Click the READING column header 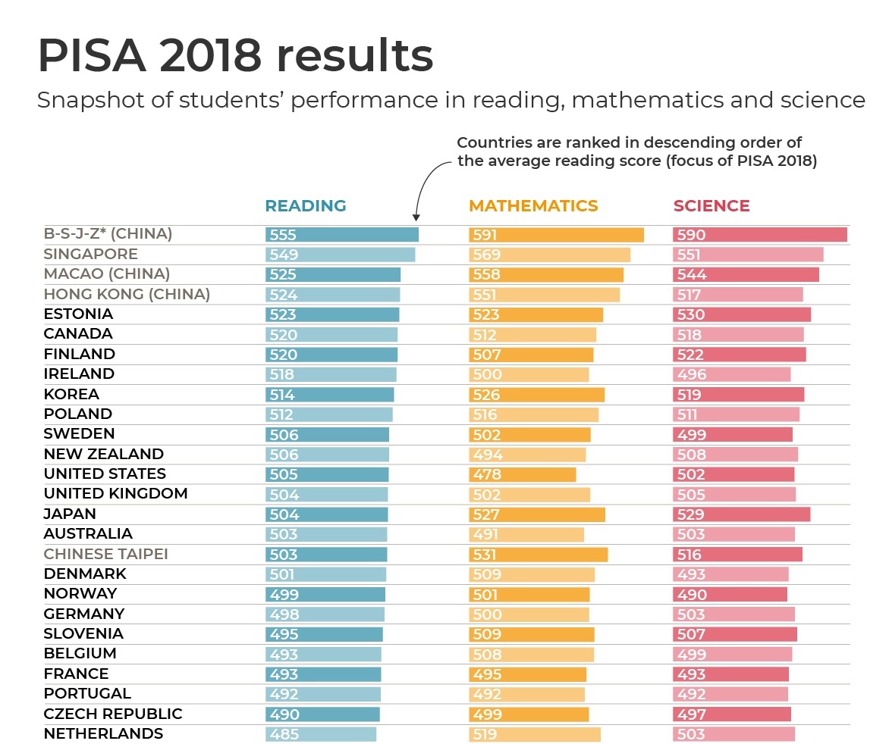[305, 206]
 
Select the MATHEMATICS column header [533, 206]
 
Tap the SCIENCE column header [711, 206]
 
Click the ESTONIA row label [78, 314]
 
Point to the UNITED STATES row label [105, 474]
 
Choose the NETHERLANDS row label [103, 733]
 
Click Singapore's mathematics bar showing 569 [549, 255]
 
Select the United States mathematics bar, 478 [523, 474]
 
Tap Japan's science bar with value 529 [741, 514]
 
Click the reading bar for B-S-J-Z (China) [341, 235]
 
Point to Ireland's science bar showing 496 [731, 374]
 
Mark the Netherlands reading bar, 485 [320, 734]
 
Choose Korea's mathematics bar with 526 [536, 395]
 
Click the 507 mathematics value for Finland [486, 355]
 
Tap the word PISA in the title [91, 55]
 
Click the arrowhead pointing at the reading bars [416, 217]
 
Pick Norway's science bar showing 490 [730, 595]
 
